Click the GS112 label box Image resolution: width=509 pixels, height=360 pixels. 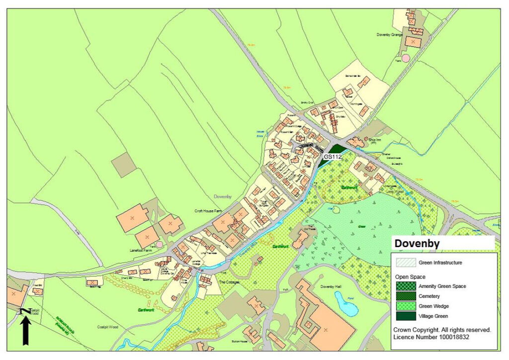pos(333,157)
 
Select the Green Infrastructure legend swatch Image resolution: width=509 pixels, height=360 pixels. pos(406,262)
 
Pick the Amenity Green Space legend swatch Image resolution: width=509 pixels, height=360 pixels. pos(406,286)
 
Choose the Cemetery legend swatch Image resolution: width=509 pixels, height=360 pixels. pos(406,296)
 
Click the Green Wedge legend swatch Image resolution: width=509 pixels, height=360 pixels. pos(406,306)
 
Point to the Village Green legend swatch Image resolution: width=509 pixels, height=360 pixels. pos(406,316)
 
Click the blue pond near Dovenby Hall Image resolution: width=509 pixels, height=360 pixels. pos(346,304)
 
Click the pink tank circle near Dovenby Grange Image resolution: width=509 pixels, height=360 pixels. pos(406,58)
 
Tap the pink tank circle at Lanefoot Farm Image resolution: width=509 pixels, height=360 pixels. pos(159,244)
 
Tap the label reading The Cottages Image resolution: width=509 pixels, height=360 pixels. pos(229,282)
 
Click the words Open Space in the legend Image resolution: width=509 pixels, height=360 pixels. pos(411,276)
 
